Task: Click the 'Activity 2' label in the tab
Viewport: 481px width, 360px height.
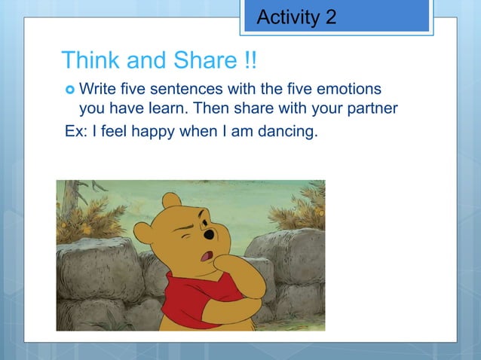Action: pyautogui.click(x=296, y=17)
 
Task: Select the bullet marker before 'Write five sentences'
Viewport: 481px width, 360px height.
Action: pyautogui.click(x=69, y=90)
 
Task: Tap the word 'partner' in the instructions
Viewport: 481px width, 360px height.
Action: pyautogui.click(x=369, y=109)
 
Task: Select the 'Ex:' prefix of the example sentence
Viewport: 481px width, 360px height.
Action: pyautogui.click(x=74, y=133)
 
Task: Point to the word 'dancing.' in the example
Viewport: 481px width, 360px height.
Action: pyautogui.click(x=290, y=133)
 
